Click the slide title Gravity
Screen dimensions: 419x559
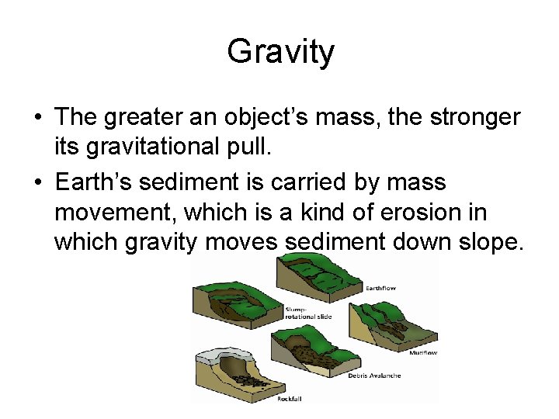(x=280, y=53)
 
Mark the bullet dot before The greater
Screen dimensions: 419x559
(x=37, y=118)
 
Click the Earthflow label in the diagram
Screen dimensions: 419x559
(x=380, y=289)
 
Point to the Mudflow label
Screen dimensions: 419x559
(x=423, y=352)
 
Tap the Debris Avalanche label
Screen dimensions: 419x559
(x=375, y=376)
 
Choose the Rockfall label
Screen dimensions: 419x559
(x=290, y=400)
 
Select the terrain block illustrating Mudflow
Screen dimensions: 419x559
(x=388, y=326)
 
